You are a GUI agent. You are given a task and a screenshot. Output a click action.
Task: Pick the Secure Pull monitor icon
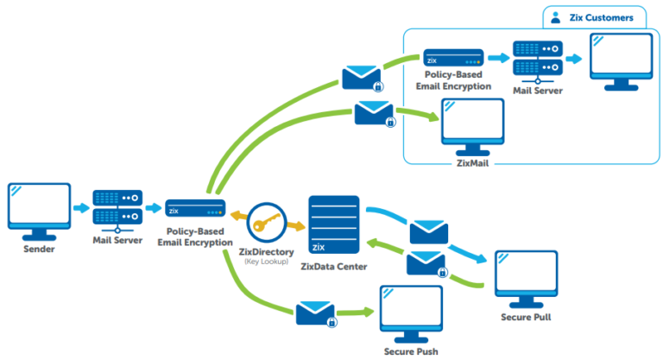(526, 276)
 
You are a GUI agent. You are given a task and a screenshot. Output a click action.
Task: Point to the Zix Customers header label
(603, 16)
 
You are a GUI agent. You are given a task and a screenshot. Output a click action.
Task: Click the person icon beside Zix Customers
(555, 16)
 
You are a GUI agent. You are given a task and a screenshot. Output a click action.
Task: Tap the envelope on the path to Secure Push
(316, 313)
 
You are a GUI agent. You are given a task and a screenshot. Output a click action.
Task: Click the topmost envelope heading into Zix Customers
(361, 78)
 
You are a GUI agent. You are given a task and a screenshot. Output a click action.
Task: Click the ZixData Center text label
(333, 267)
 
